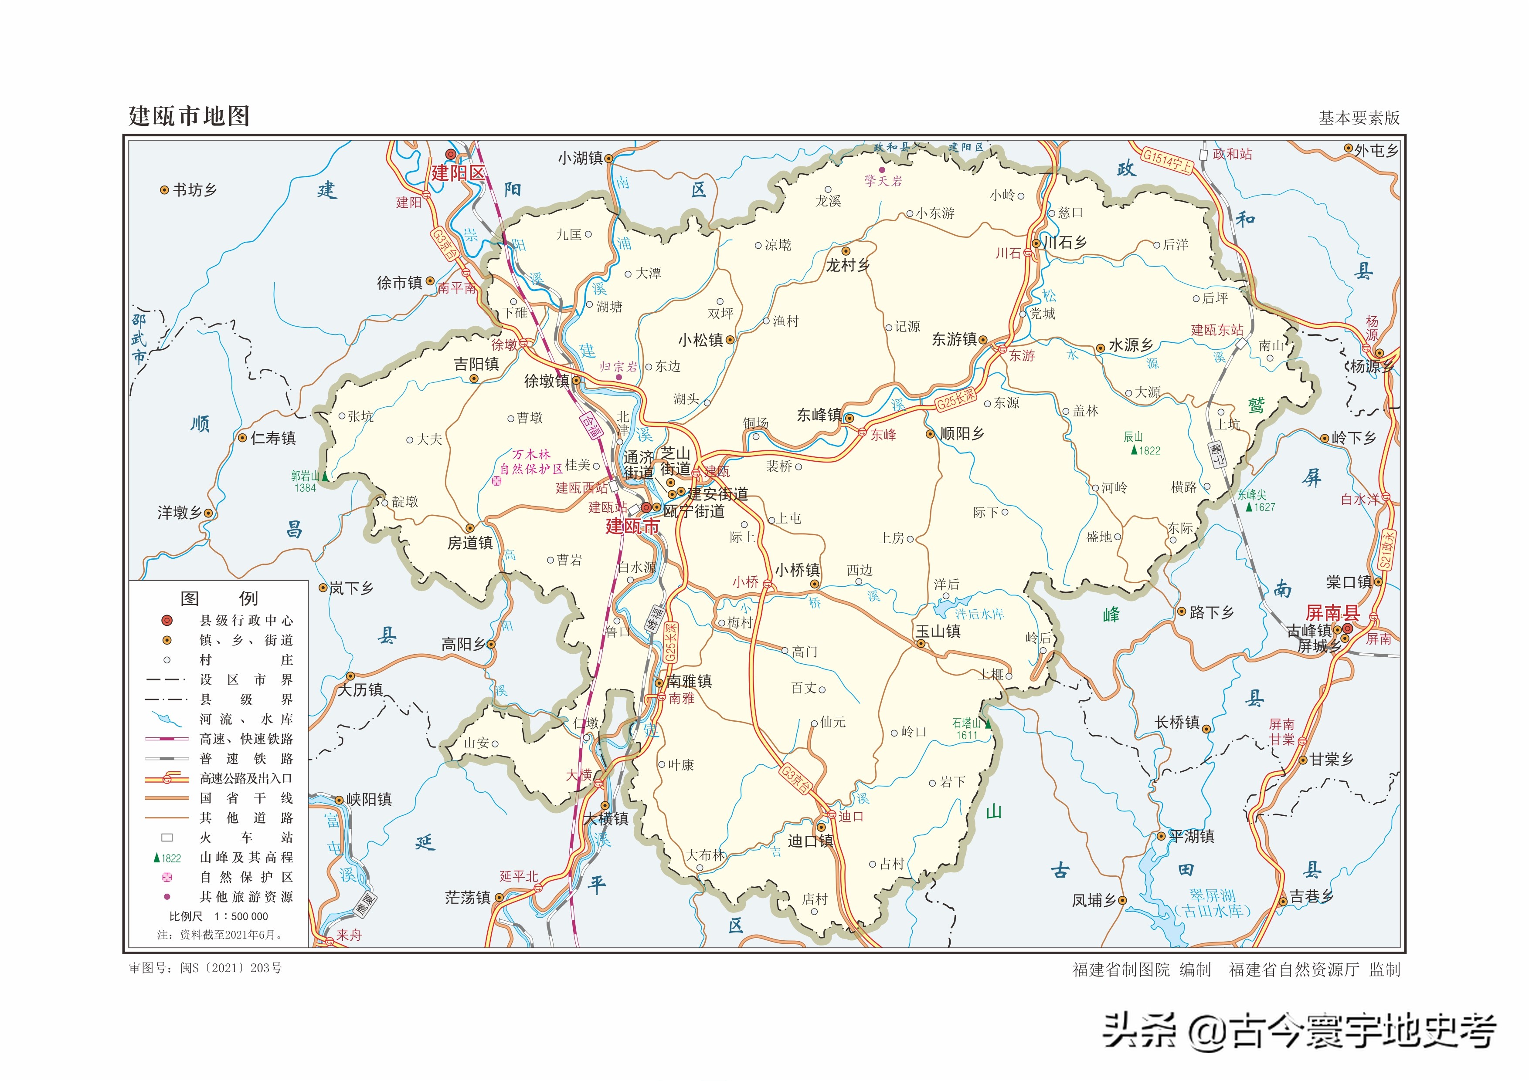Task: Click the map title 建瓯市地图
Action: tap(189, 116)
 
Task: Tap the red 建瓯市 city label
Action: tap(632, 527)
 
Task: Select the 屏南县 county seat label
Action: tap(1332, 612)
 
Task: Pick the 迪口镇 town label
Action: tap(810, 841)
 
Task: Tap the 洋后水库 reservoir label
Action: tap(979, 614)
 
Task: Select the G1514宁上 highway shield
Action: tap(1167, 160)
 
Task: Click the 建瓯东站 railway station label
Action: tap(1216, 330)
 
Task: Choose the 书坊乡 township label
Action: tap(194, 190)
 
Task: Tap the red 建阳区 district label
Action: tap(458, 173)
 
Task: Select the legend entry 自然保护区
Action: tap(246, 877)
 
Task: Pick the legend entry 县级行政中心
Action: tap(246, 620)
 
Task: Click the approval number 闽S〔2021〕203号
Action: tap(231, 968)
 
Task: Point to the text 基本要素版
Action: tap(1359, 118)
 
